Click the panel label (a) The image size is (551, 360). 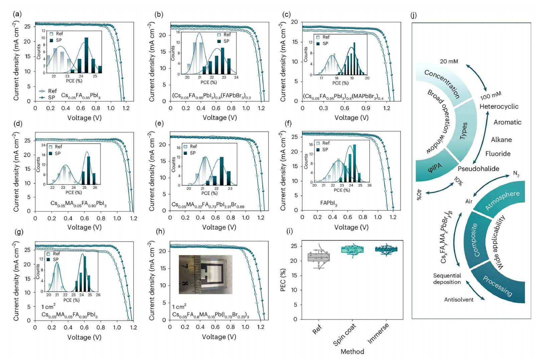[17, 14]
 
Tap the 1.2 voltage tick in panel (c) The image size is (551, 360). [387, 108]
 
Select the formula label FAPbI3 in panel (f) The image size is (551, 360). [329, 203]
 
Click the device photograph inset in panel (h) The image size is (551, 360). [205, 275]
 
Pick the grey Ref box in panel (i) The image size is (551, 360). [319, 257]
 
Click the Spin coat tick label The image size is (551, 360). [345, 335]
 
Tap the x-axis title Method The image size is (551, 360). [352, 352]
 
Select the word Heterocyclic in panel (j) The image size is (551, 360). [499, 107]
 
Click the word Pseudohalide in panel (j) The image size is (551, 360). [478, 169]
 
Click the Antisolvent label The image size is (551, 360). [458, 300]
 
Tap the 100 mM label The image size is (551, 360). [491, 96]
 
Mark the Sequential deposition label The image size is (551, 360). [447, 279]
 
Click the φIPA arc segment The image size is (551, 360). [435, 167]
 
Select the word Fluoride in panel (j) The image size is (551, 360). [498, 154]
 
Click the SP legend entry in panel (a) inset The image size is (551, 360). [56, 40]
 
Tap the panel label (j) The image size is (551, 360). [414, 15]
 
